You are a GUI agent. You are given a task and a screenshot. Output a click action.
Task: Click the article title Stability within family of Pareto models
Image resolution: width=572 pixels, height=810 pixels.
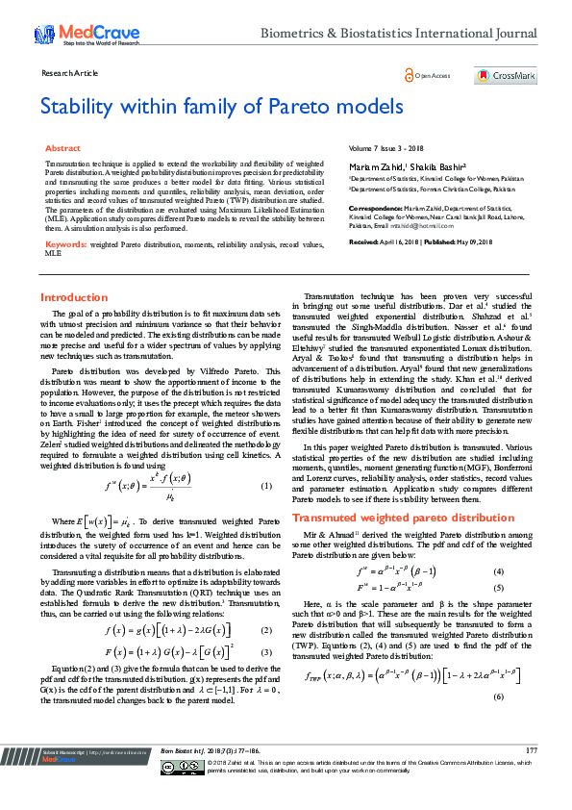coord(221,106)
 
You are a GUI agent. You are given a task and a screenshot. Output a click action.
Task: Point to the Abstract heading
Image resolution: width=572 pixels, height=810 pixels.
coord(63,149)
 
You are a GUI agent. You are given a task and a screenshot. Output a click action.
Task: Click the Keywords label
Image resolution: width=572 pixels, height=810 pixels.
coord(66,245)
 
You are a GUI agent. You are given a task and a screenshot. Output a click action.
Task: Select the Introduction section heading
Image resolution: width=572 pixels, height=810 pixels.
coord(74,297)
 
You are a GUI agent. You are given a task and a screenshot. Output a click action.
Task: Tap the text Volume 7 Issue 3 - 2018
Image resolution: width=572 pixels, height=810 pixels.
coord(385,149)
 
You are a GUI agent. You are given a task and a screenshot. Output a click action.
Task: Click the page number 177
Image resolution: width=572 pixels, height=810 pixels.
coord(532,775)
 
